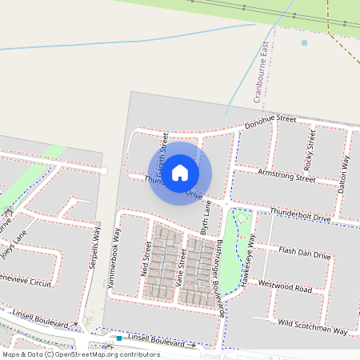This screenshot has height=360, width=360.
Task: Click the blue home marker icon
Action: [180, 172]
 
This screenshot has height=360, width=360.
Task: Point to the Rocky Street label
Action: [310, 147]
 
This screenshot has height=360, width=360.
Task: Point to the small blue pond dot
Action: [304, 42]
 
